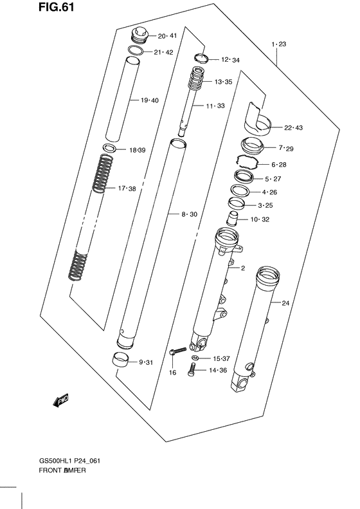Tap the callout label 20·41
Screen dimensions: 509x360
157,36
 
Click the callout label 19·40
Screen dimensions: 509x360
149,100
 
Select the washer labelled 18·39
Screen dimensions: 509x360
110,149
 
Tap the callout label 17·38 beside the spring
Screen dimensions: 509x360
127,189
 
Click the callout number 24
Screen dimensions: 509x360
286,302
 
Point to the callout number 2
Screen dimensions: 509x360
243,268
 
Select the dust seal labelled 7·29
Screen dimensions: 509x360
254,145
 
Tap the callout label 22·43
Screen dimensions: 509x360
293,127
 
